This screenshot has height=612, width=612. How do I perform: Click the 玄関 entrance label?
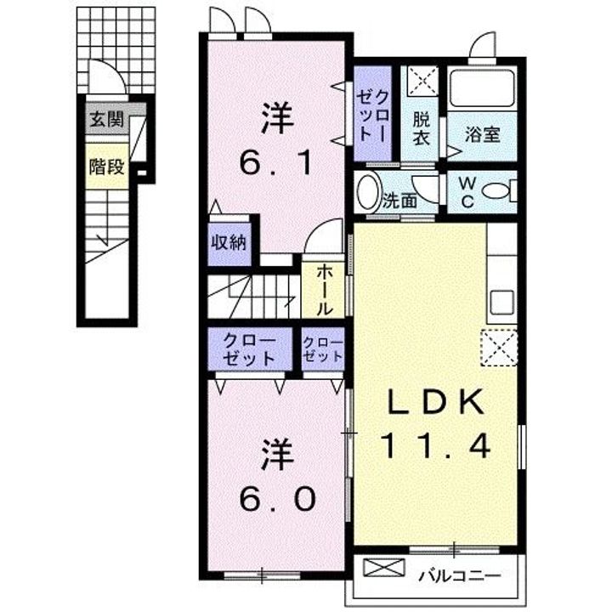(x=106, y=120)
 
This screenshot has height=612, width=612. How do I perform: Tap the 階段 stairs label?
(x=106, y=167)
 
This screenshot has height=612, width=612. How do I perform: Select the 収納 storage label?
(x=229, y=243)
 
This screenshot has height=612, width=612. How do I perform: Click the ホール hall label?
(x=325, y=291)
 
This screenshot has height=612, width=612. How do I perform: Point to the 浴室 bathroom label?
(x=483, y=134)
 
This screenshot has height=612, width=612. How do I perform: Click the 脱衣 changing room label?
(x=422, y=128)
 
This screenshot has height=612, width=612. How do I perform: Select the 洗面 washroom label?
(x=399, y=201)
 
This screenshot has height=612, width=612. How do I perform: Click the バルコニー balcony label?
(x=459, y=575)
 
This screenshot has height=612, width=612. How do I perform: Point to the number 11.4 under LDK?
(x=436, y=446)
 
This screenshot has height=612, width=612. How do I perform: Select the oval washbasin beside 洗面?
(x=368, y=191)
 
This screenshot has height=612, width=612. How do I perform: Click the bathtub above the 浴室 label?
(x=482, y=88)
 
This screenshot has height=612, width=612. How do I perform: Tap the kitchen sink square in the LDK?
(x=502, y=303)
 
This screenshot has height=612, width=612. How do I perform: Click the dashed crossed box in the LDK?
(x=498, y=348)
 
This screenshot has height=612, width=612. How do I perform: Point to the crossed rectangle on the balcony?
(x=383, y=568)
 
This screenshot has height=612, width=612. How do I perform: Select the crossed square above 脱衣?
(x=423, y=81)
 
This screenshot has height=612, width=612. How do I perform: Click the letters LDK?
(x=435, y=402)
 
